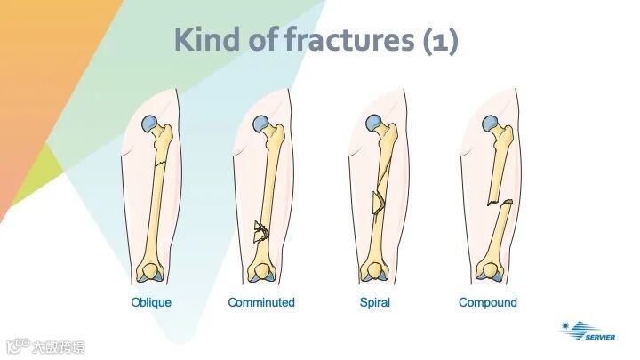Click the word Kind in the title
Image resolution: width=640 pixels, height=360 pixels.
click(204, 40)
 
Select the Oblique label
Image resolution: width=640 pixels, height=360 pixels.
click(151, 302)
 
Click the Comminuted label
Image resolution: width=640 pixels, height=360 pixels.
click(261, 302)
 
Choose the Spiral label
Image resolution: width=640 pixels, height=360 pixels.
click(374, 302)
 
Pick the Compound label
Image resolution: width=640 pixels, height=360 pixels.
click(487, 302)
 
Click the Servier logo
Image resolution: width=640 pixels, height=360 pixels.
click(588, 332)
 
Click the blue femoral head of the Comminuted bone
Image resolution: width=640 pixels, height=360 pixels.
click(260, 125)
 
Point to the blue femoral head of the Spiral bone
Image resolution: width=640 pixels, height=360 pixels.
click(375, 124)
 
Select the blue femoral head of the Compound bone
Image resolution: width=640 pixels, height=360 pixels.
click(487, 125)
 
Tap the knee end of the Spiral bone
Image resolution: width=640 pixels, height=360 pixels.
click(374, 271)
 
